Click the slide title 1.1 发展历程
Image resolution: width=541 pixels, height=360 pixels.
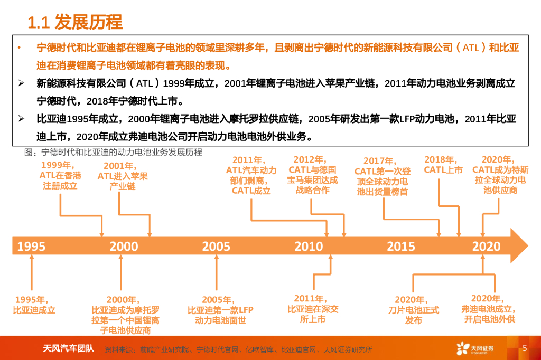coord(75,22)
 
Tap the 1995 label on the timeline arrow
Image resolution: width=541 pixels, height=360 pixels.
coord(31,246)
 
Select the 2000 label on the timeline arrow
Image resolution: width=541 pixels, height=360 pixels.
coord(124,246)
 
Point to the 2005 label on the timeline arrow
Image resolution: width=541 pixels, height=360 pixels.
coord(216,246)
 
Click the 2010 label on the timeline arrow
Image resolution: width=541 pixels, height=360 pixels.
coord(309,246)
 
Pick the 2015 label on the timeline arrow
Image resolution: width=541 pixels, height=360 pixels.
coord(400,246)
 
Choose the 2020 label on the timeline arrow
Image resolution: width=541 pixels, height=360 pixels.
coord(486,246)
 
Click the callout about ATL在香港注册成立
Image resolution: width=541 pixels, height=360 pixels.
coord(60,175)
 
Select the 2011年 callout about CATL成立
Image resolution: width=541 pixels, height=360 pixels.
coord(251,175)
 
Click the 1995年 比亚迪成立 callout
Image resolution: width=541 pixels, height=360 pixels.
coord(34,305)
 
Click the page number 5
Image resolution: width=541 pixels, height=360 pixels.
coord(524,348)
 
